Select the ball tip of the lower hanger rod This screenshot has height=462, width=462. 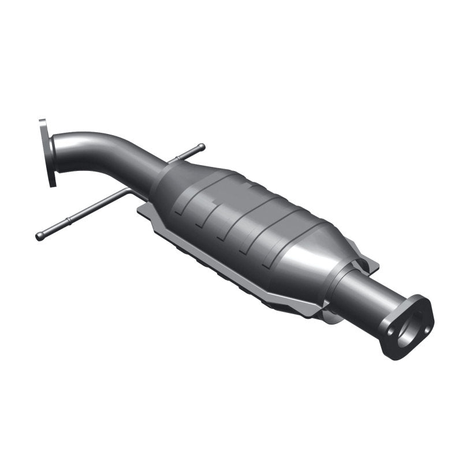click(39, 236)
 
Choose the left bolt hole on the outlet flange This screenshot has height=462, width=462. click(392, 333)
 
